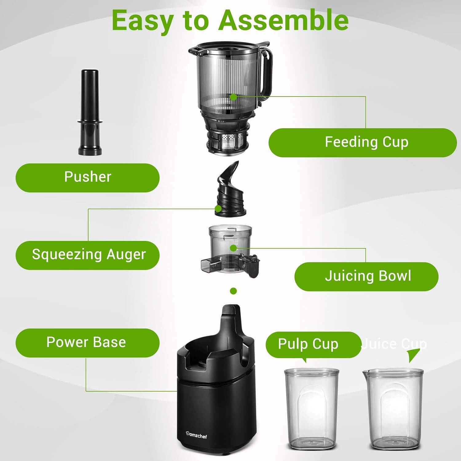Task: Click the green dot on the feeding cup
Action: click(234, 97)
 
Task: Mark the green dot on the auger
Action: click(218, 209)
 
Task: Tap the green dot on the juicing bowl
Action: click(234, 248)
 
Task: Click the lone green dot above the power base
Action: click(234, 291)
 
